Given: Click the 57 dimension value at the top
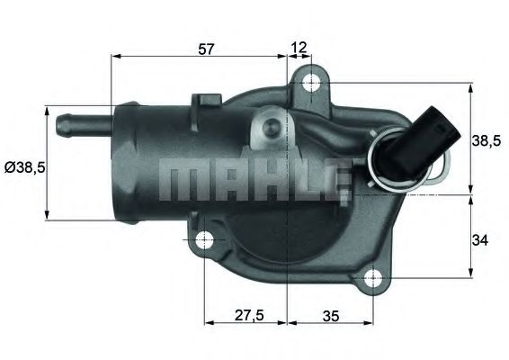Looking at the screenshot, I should [x=206, y=49].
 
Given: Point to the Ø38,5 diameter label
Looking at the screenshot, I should [x=22, y=167].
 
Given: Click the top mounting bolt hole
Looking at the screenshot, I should [x=311, y=84].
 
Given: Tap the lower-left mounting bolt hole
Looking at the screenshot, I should [x=205, y=240].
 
